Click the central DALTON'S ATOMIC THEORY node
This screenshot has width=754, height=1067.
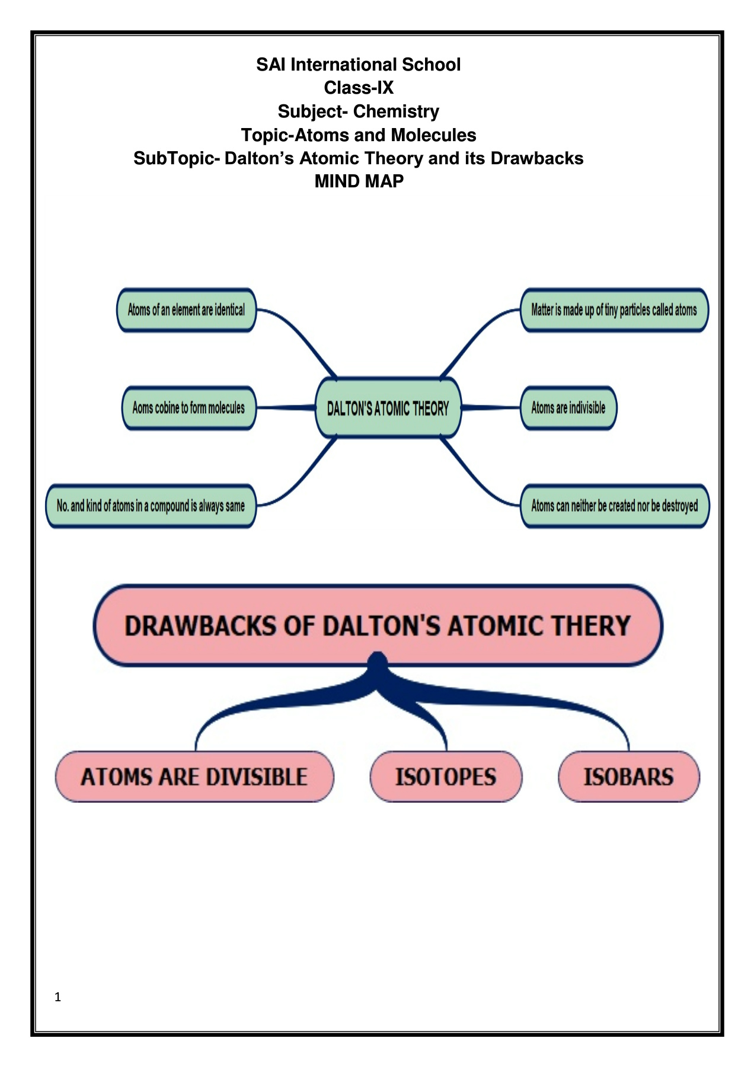click(x=388, y=408)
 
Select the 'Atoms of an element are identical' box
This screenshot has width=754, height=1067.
click(x=186, y=310)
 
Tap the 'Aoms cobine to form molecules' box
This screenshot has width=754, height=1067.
click(x=188, y=408)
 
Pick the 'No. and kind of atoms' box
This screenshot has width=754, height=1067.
click(x=151, y=506)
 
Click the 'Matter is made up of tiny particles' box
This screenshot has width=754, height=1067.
click(x=614, y=310)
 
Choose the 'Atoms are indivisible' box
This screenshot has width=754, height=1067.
click(x=568, y=408)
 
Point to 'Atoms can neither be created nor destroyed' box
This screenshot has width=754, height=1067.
click(x=615, y=506)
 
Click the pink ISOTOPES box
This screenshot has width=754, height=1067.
click(x=446, y=777)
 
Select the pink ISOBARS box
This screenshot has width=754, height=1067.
click(x=628, y=777)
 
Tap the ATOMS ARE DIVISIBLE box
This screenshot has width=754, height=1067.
click(x=194, y=777)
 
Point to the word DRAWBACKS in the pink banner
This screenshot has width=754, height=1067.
click(x=199, y=626)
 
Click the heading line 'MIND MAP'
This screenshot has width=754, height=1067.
click(x=359, y=181)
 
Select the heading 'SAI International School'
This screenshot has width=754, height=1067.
click(x=358, y=65)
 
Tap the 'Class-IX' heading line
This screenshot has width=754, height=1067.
click(x=359, y=88)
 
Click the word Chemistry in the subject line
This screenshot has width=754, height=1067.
click(x=396, y=111)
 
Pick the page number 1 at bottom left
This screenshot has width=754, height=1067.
click(x=57, y=997)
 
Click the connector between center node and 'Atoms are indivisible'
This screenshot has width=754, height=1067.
click(x=491, y=408)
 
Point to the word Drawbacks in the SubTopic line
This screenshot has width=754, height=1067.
click(x=536, y=158)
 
